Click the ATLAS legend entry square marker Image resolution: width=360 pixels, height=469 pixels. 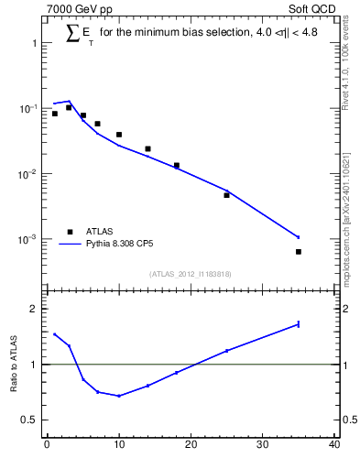tap(68, 232)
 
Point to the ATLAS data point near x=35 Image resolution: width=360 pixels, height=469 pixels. tap(299, 251)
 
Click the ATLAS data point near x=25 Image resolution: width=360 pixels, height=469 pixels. tap(226, 195)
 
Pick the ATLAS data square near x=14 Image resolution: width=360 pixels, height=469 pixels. tap(147, 148)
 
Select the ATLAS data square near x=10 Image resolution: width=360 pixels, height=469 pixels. tap(119, 135)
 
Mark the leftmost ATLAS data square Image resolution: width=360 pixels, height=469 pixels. tap(54, 114)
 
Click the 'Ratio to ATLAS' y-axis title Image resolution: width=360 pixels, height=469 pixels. tap(16, 364)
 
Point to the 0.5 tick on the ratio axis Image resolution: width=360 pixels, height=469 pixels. tap(32, 420)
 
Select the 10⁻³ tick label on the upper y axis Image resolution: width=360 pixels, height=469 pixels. tap(28, 239)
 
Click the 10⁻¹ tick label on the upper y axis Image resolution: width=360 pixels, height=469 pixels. tap(28, 108)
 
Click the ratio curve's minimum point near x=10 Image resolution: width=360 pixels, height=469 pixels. tap(119, 396)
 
